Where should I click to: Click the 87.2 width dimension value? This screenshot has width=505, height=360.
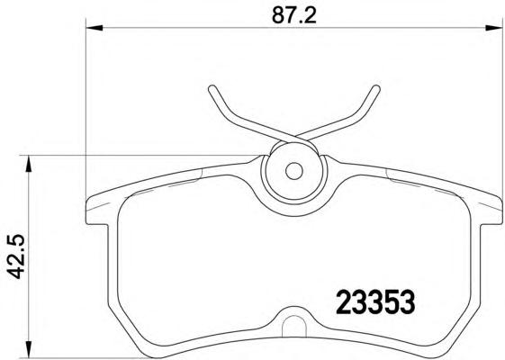click(294, 15)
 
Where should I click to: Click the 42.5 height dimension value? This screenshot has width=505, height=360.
click(16, 256)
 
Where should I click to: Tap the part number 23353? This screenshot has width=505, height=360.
click(375, 301)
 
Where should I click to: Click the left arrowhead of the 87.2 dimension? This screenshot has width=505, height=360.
click(95, 28)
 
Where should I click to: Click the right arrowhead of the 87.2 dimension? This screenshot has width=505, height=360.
click(493, 28)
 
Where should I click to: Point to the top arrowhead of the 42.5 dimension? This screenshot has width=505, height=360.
click(29, 164)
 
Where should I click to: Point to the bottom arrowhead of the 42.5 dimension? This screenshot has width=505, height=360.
click(29, 349)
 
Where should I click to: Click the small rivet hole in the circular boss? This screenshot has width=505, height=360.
click(294, 171)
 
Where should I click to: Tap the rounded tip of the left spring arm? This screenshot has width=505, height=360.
click(212, 89)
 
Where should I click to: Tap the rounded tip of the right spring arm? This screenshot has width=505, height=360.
click(376, 89)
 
